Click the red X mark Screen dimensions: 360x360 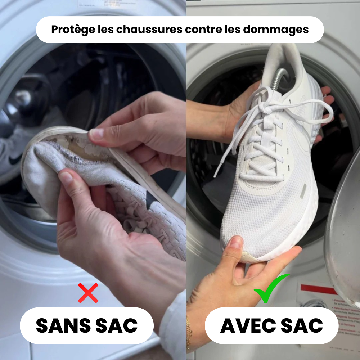click(88, 293)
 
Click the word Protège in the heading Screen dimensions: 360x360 click(68, 30)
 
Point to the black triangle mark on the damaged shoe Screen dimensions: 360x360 click(150, 198)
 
